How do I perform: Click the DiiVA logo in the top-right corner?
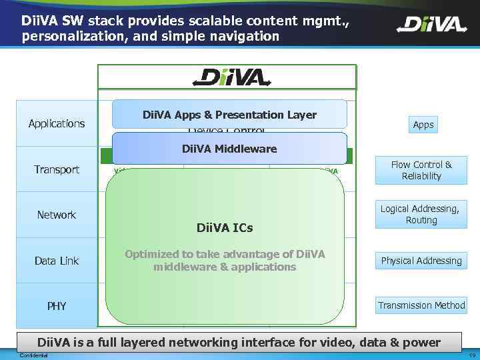pyautogui.click(x=431, y=25)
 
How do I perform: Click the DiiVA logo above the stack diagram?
pyautogui.click(x=231, y=77)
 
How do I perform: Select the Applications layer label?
pyautogui.click(x=57, y=123)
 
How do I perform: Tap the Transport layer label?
pyautogui.click(x=57, y=169)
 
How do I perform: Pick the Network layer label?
pyautogui.click(x=57, y=215)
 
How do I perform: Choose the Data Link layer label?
pyautogui.click(x=57, y=261)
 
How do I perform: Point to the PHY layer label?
pyautogui.click(x=57, y=306)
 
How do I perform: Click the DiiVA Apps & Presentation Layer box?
pyautogui.click(x=229, y=115)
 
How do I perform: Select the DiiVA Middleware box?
pyautogui.click(x=229, y=149)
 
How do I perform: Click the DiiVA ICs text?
pyautogui.click(x=224, y=228)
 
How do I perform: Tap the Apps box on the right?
pyautogui.click(x=423, y=125)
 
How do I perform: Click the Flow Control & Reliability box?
pyautogui.click(x=421, y=170)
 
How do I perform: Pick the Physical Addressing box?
pyautogui.click(x=421, y=261)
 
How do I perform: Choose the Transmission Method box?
pyautogui.click(x=421, y=305)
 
